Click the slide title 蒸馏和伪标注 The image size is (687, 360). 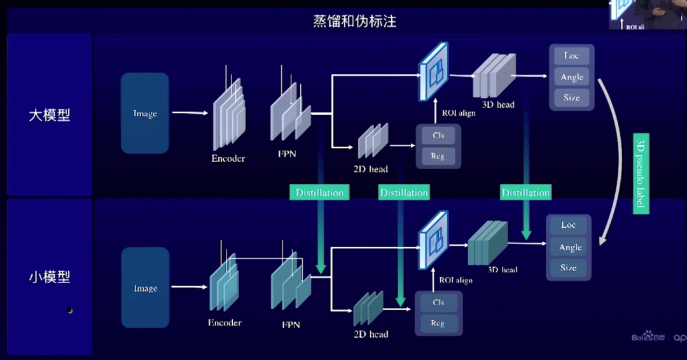click(354, 21)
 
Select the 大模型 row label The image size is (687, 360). click(50, 115)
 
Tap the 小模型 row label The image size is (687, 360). click(50, 277)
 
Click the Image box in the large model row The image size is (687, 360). click(145, 113)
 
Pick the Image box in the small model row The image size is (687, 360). click(145, 288)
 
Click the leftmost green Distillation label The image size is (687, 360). click(319, 193)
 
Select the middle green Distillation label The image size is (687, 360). click(404, 193)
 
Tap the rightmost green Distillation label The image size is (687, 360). click(525, 193)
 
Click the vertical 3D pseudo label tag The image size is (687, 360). click(641, 173)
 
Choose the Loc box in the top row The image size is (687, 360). click(571, 56)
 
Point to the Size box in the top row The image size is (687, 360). click(571, 98)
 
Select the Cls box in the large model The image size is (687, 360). click(438, 135)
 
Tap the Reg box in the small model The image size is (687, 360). click(438, 323)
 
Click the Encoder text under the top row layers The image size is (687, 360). click(228, 158)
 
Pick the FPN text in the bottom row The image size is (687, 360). click(291, 324)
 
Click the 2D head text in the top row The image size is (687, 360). click(370, 169)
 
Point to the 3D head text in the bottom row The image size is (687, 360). click(503, 270)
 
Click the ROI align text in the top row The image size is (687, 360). click(458, 113)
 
